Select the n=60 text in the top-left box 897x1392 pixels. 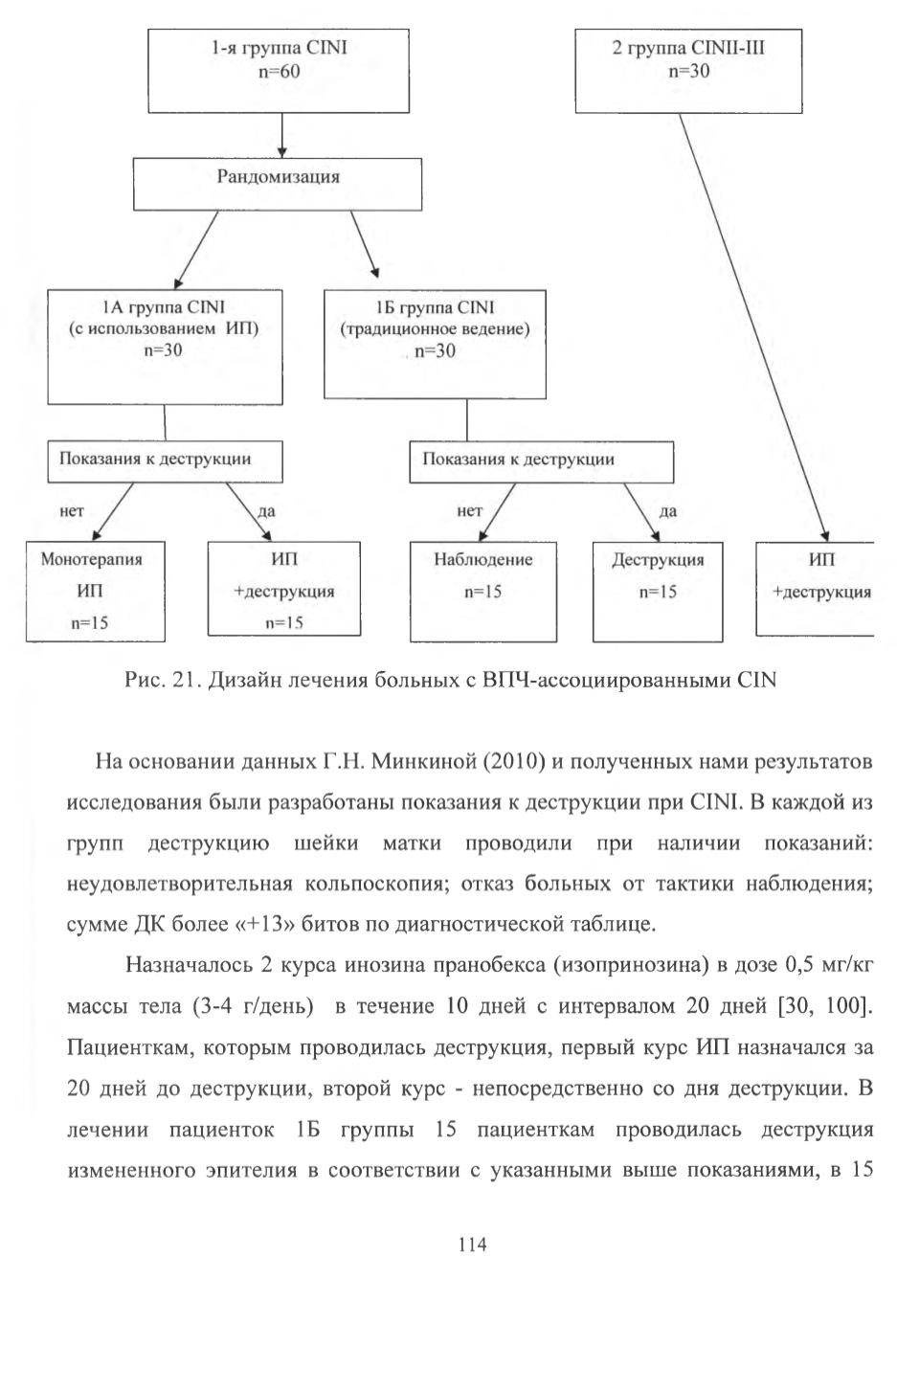(x=279, y=72)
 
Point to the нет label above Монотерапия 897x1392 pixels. (x=72, y=511)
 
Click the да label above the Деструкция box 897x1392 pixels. (x=668, y=511)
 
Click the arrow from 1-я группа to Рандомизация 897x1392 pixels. (x=282, y=136)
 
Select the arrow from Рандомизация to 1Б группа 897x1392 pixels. (x=365, y=244)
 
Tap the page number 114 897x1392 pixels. (x=472, y=1245)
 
